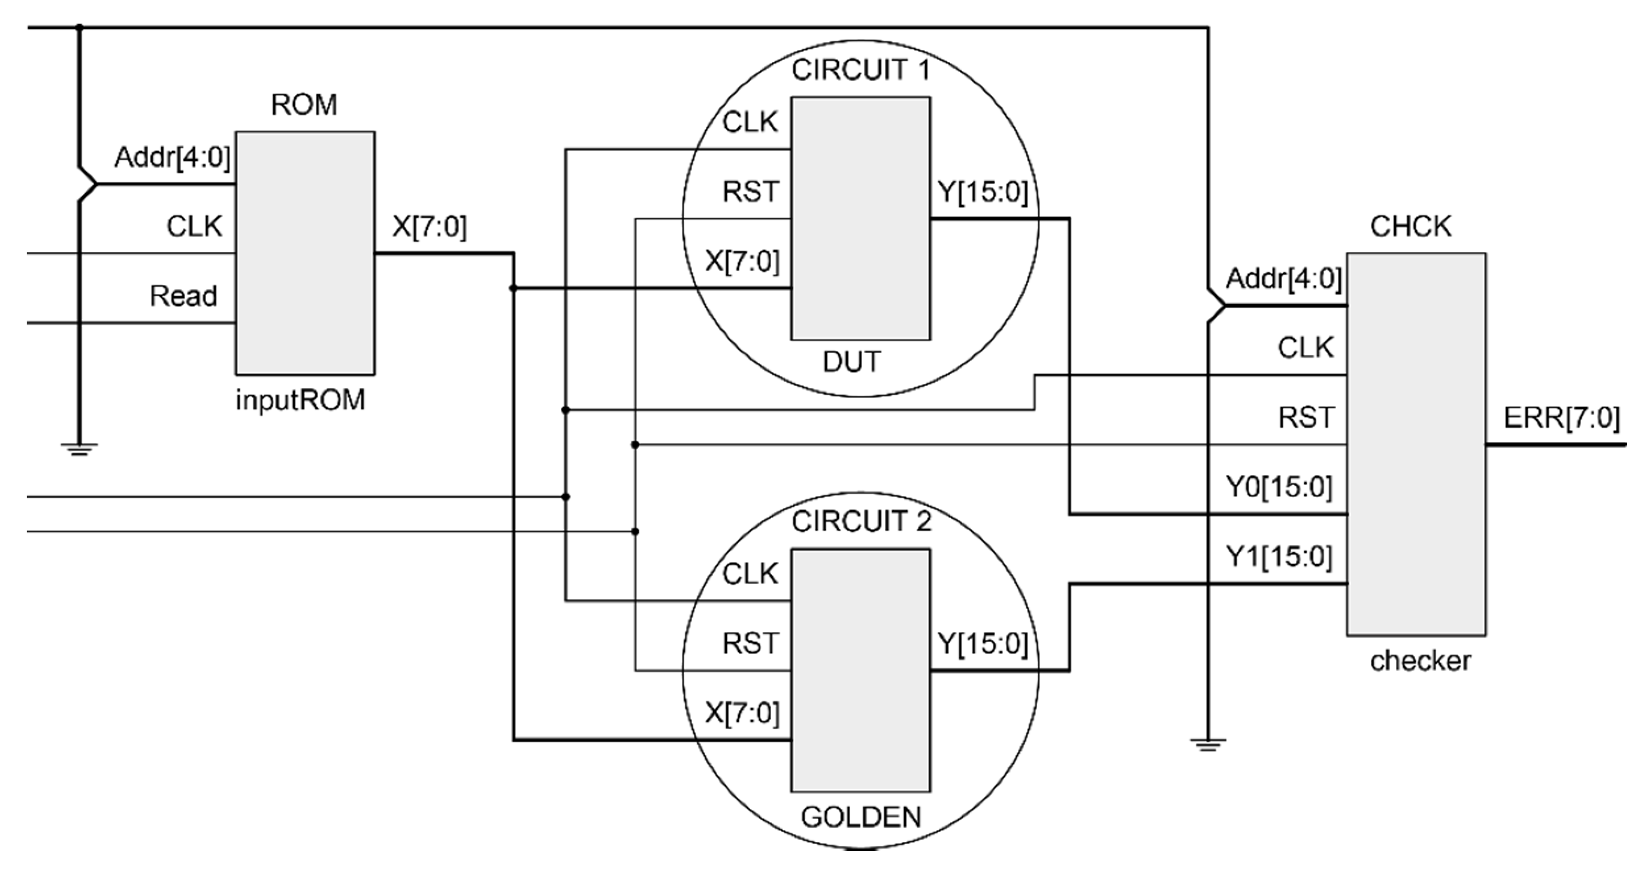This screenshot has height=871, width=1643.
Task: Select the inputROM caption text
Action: [x=301, y=400]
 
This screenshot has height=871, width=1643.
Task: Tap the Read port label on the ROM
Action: [x=183, y=296]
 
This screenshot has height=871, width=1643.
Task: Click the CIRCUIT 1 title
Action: [x=861, y=70]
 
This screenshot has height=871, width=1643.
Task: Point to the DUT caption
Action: [x=852, y=361]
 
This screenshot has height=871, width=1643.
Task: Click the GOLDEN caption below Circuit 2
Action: [x=861, y=817]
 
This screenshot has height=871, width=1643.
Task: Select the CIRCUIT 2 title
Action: [x=861, y=522]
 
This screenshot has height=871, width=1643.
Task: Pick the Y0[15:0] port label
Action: [x=1279, y=487]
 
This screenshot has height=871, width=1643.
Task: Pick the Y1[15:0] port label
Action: [x=1279, y=557]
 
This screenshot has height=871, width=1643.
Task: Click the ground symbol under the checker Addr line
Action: [x=1207, y=744]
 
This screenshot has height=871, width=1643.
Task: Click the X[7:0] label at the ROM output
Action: [x=429, y=226]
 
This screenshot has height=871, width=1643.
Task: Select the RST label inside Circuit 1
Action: [x=750, y=191]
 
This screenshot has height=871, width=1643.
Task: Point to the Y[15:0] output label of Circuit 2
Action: [x=983, y=644]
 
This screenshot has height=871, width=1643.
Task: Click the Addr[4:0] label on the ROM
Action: [x=172, y=157]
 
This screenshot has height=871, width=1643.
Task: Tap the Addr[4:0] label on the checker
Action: [x=1283, y=278]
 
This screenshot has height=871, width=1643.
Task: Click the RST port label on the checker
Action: [x=1306, y=417]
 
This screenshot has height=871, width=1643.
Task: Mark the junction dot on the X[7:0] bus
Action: [x=513, y=289]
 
